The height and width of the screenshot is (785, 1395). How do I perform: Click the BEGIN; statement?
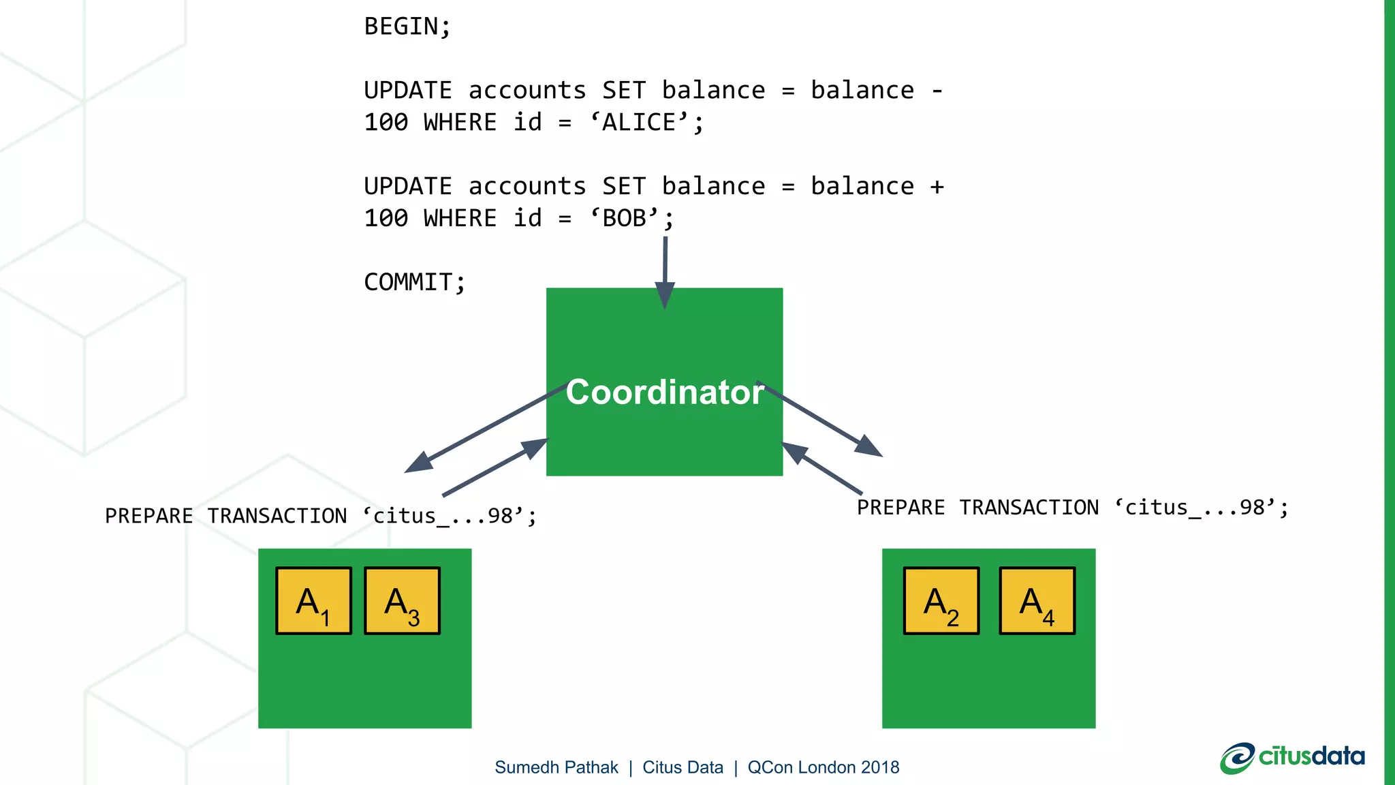coord(407,27)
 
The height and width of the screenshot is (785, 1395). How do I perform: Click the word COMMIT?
coord(414,282)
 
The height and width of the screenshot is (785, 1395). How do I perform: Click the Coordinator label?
coord(664,392)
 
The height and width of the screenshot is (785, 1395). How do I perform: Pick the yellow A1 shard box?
coord(313,601)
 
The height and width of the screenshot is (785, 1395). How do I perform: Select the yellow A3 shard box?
coord(402,601)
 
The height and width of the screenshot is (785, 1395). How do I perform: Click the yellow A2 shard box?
coord(941,601)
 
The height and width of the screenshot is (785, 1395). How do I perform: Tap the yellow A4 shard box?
coord(1037,601)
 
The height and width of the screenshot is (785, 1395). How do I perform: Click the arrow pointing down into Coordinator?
coord(665,273)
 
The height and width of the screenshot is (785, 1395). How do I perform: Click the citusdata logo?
coord(1292,758)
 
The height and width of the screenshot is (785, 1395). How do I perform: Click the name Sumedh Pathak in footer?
coord(556,767)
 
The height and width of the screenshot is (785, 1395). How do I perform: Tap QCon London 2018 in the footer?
coord(823,767)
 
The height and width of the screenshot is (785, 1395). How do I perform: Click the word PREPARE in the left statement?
coord(148,517)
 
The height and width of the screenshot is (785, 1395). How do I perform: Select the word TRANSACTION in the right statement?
coord(1029,508)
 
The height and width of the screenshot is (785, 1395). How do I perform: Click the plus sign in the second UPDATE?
coord(937,187)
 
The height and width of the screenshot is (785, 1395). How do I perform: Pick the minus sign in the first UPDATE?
coord(937,91)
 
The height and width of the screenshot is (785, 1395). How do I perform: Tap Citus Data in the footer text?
coord(683,767)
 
